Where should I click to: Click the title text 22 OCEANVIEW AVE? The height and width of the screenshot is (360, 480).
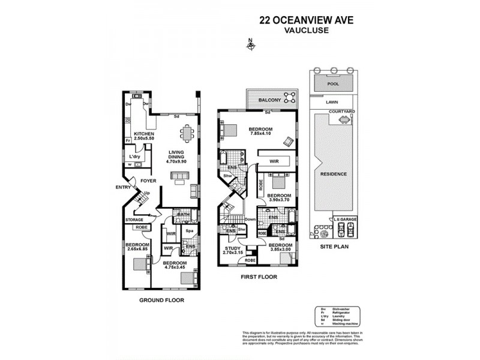[x=306, y=19]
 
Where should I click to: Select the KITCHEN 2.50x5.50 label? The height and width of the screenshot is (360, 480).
[x=144, y=136]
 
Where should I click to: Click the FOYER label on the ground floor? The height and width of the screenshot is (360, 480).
[x=148, y=179]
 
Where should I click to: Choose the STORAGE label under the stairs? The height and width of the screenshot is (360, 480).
[x=134, y=220]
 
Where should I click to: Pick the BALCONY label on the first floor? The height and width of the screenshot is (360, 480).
[x=270, y=100]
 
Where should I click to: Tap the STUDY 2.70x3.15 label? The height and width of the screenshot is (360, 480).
[x=232, y=251]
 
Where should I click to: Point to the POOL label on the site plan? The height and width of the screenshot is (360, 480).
[x=333, y=85]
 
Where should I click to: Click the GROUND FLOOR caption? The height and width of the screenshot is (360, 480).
[x=161, y=300]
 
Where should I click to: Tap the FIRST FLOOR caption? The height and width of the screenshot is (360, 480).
[x=259, y=277]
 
